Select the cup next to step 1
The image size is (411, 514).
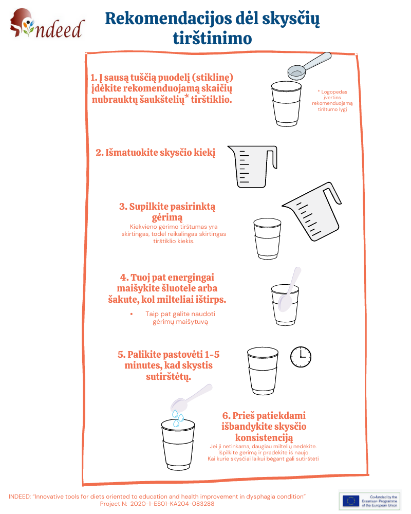coord(286,104)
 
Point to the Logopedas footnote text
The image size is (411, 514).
coord(332,101)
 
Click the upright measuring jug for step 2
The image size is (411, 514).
coord(252,167)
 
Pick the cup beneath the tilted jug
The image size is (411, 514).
coord(268,238)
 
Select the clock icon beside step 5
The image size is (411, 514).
coord(301,357)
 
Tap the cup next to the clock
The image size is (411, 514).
coord(263,371)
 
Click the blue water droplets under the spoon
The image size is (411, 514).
coord(178,418)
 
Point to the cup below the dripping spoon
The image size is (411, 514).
coord(178,445)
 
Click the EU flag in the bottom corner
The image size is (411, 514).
coord(351,501)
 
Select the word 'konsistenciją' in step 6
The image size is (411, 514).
coord(264,437)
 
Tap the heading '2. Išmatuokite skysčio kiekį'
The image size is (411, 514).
coord(155,153)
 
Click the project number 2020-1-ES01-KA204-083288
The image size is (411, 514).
coord(173,504)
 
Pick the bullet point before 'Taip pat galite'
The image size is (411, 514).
coord(132,314)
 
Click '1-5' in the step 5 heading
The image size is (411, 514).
coord(212,354)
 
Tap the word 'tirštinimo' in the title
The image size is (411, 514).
coord(212,39)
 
